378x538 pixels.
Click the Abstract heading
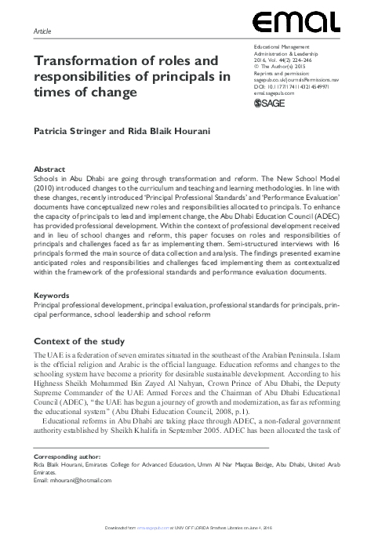[x=49, y=169]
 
